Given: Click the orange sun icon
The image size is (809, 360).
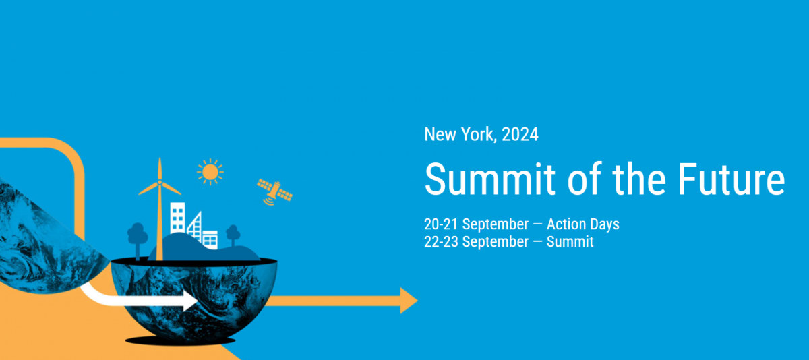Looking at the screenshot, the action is click(210, 172).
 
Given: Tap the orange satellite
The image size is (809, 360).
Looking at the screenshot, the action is click(275, 192).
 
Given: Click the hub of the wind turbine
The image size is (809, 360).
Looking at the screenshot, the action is click(160, 183).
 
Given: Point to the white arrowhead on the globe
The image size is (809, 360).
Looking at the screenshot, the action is click(190, 300).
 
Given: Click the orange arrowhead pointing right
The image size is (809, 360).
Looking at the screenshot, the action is click(409, 301).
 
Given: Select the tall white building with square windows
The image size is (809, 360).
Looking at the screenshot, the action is click(178, 218).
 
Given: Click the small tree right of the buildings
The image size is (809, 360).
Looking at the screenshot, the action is click(233, 236).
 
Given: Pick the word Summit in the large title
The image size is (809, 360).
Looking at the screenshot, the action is click(489, 179).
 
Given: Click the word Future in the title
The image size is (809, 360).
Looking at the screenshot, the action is click(731, 179).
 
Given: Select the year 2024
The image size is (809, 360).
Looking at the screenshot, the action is click(520, 135).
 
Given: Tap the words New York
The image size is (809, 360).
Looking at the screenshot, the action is click(458, 134).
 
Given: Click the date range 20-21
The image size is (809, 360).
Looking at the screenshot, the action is click(441, 224).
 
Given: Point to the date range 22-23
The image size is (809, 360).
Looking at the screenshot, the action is click(441, 241).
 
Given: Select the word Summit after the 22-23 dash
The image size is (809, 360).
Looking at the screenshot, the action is click(570, 241).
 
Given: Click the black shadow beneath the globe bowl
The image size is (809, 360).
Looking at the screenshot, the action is click(180, 340).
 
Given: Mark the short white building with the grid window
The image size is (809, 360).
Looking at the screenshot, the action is click(210, 239).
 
